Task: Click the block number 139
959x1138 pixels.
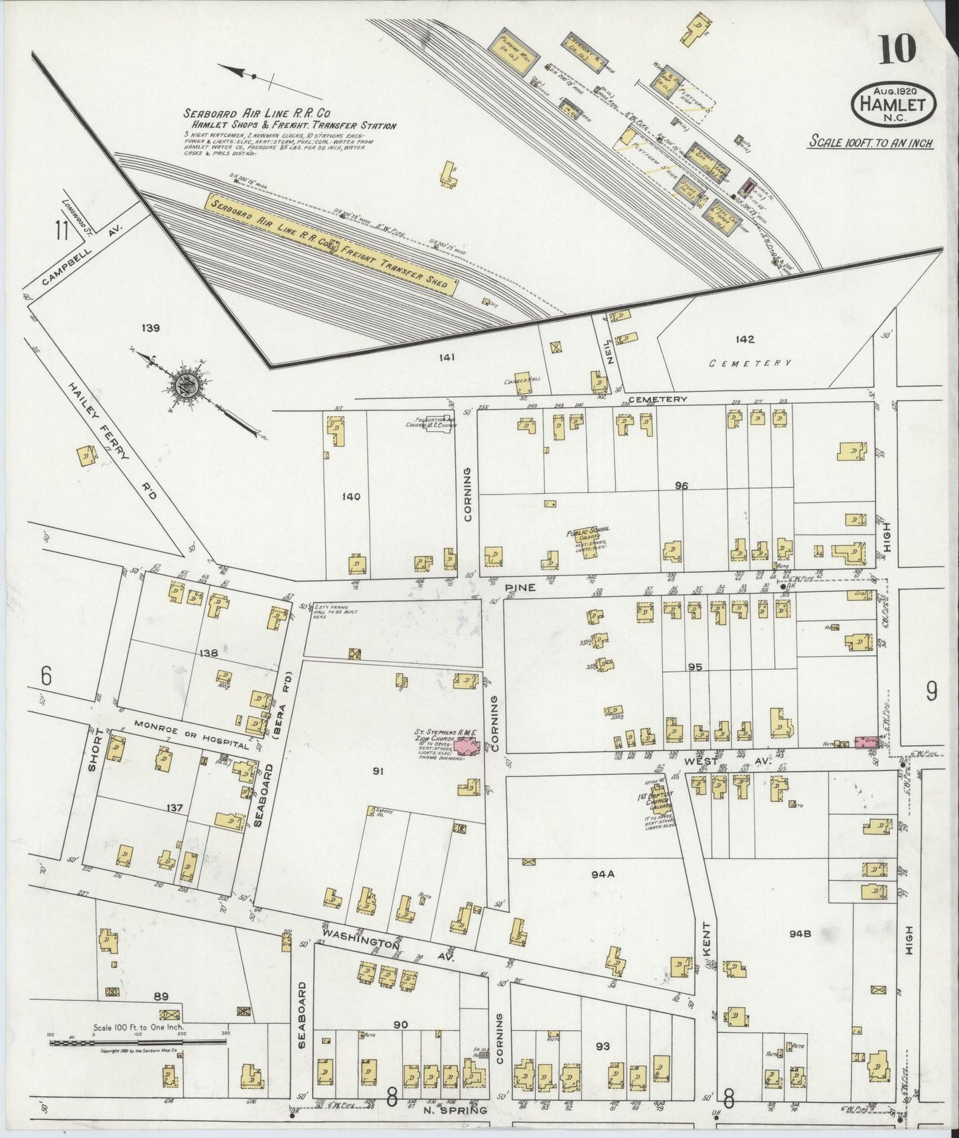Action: [151, 327]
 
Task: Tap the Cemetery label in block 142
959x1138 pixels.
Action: [750, 363]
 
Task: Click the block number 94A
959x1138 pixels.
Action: [603, 874]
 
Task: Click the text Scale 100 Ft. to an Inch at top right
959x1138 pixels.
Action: [871, 143]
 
